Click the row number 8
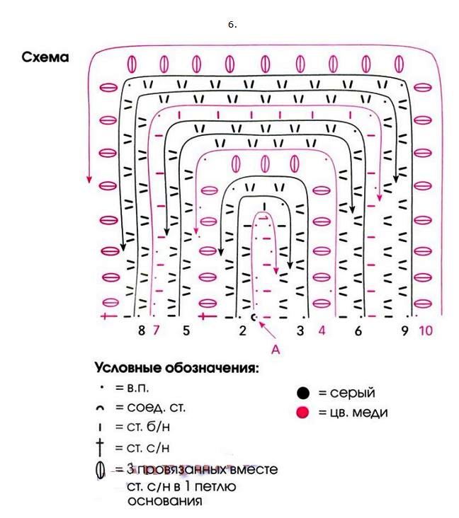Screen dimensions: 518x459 (x=142, y=330)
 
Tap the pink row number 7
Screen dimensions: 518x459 (x=157, y=330)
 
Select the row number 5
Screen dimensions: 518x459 (x=186, y=330)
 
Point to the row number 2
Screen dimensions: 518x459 (x=242, y=330)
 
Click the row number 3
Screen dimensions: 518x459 (x=300, y=330)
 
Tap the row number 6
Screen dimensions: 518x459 (x=358, y=330)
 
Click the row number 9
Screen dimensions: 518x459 (x=404, y=330)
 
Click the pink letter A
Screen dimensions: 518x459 (x=277, y=348)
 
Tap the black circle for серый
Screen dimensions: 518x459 (x=303, y=393)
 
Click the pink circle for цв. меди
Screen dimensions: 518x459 (x=303, y=413)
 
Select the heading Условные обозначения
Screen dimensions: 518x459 (x=176, y=369)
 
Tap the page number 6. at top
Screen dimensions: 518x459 (x=232, y=24)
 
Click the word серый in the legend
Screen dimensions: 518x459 (x=353, y=393)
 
